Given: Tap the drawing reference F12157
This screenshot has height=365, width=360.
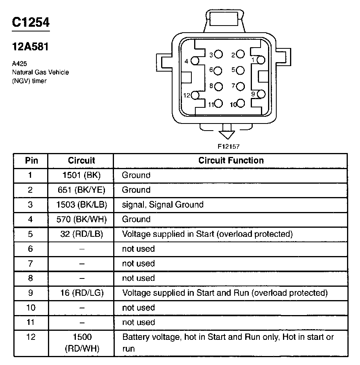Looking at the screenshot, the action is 229,146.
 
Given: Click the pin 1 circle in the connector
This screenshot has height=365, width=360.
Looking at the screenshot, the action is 261,60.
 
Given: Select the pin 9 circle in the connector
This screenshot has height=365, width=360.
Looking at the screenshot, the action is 261,94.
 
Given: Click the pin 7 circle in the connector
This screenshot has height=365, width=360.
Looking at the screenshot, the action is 241,86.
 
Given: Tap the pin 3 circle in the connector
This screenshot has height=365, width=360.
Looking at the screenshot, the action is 219,55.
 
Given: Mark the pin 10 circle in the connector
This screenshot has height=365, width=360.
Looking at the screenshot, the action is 241,104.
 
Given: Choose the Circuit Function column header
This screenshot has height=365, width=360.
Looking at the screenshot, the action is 231,160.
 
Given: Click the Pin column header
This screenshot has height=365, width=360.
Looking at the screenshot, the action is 31,160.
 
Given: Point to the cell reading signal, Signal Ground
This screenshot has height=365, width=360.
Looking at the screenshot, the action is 163,205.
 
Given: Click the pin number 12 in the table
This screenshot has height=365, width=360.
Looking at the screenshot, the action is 31,337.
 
